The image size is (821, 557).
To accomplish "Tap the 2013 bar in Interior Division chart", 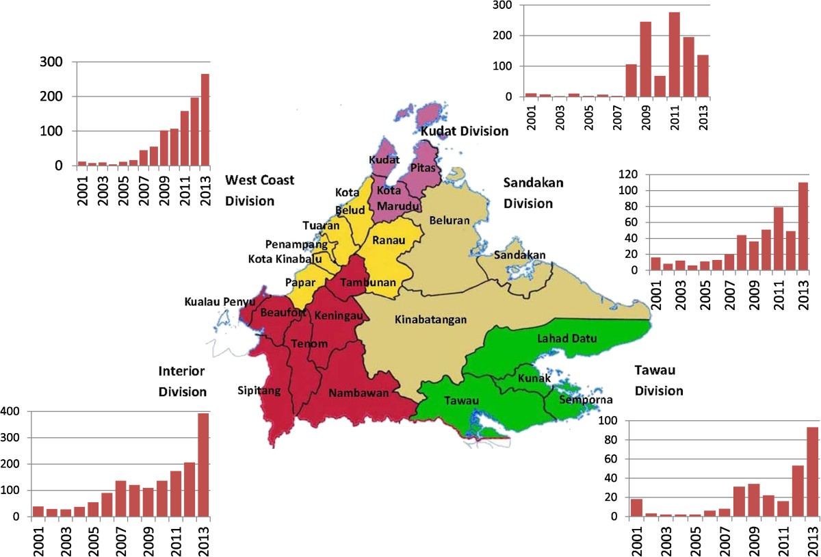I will pyautogui.click(x=203, y=465).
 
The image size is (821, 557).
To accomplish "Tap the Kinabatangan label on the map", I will pyautogui.click(x=431, y=319).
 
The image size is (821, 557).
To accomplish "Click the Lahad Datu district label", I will pyautogui.click(x=558, y=338).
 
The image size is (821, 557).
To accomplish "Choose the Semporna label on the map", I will pyautogui.click(x=585, y=400).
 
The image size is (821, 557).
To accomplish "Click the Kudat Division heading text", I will pyautogui.click(x=464, y=131).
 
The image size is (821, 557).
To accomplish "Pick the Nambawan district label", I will pyautogui.click(x=359, y=393).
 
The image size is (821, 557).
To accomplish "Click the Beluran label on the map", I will pyautogui.click(x=449, y=220).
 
